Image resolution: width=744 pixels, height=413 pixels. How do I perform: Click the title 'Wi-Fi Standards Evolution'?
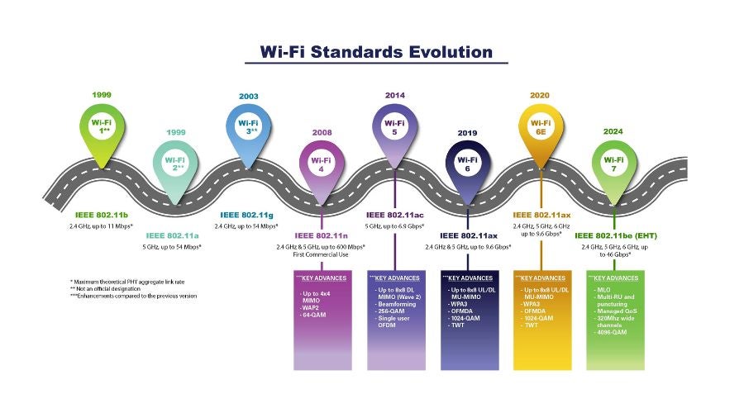click(x=376, y=52)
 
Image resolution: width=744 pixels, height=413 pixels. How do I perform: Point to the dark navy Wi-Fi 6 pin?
click(x=467, y=161)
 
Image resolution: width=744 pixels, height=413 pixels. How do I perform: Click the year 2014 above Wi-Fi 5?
click(x=395, y=95)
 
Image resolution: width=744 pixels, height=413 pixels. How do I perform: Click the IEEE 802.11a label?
click(x=174, y=235)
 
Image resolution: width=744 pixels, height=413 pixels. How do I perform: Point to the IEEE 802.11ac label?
click(x=394, y=214)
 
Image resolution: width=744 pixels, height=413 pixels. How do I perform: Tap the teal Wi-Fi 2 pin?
click(x=174, y=162)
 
